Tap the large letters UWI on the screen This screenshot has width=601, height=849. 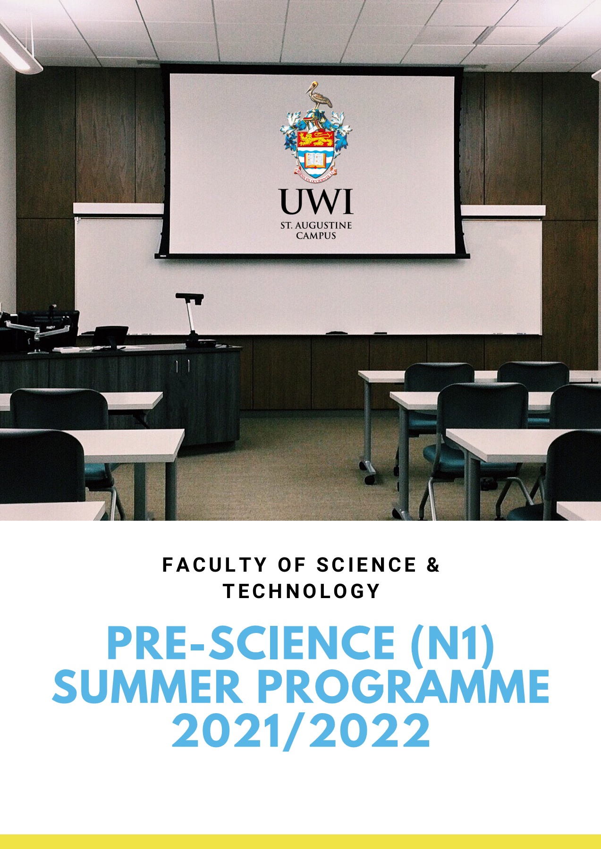tap(316, 201)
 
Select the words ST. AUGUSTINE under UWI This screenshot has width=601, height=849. tap(316, 225)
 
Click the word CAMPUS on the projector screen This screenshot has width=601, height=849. tap(316, 235)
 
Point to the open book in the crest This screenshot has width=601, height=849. tap(316, 159)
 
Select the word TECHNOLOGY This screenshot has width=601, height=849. tap(302, 591)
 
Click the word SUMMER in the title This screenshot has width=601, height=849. tap(147, 687)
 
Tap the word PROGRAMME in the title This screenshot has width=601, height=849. tap(403, 687)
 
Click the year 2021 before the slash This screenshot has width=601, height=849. tap(226, 731)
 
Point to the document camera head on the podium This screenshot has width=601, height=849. tap(189, 297)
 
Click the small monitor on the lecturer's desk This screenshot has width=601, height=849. tap(110, 336)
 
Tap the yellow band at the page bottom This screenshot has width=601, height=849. tap(300, 841)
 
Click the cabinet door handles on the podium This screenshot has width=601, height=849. tap(182, 366)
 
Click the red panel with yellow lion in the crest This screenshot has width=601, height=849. tap(316, 138)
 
